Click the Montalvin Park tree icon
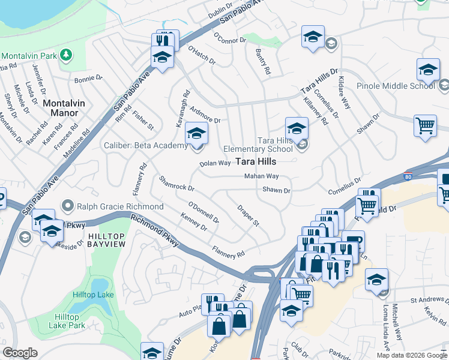click(66, 55)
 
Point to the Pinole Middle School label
click(396, 86)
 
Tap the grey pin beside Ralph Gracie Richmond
click(67, 206)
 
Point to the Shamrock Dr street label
click(176, 184)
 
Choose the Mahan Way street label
click(261, 176)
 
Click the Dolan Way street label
click(215, 163)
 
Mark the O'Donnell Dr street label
click(203, 211)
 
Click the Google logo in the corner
click(20, 353)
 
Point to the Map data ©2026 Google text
click(411, 355)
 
